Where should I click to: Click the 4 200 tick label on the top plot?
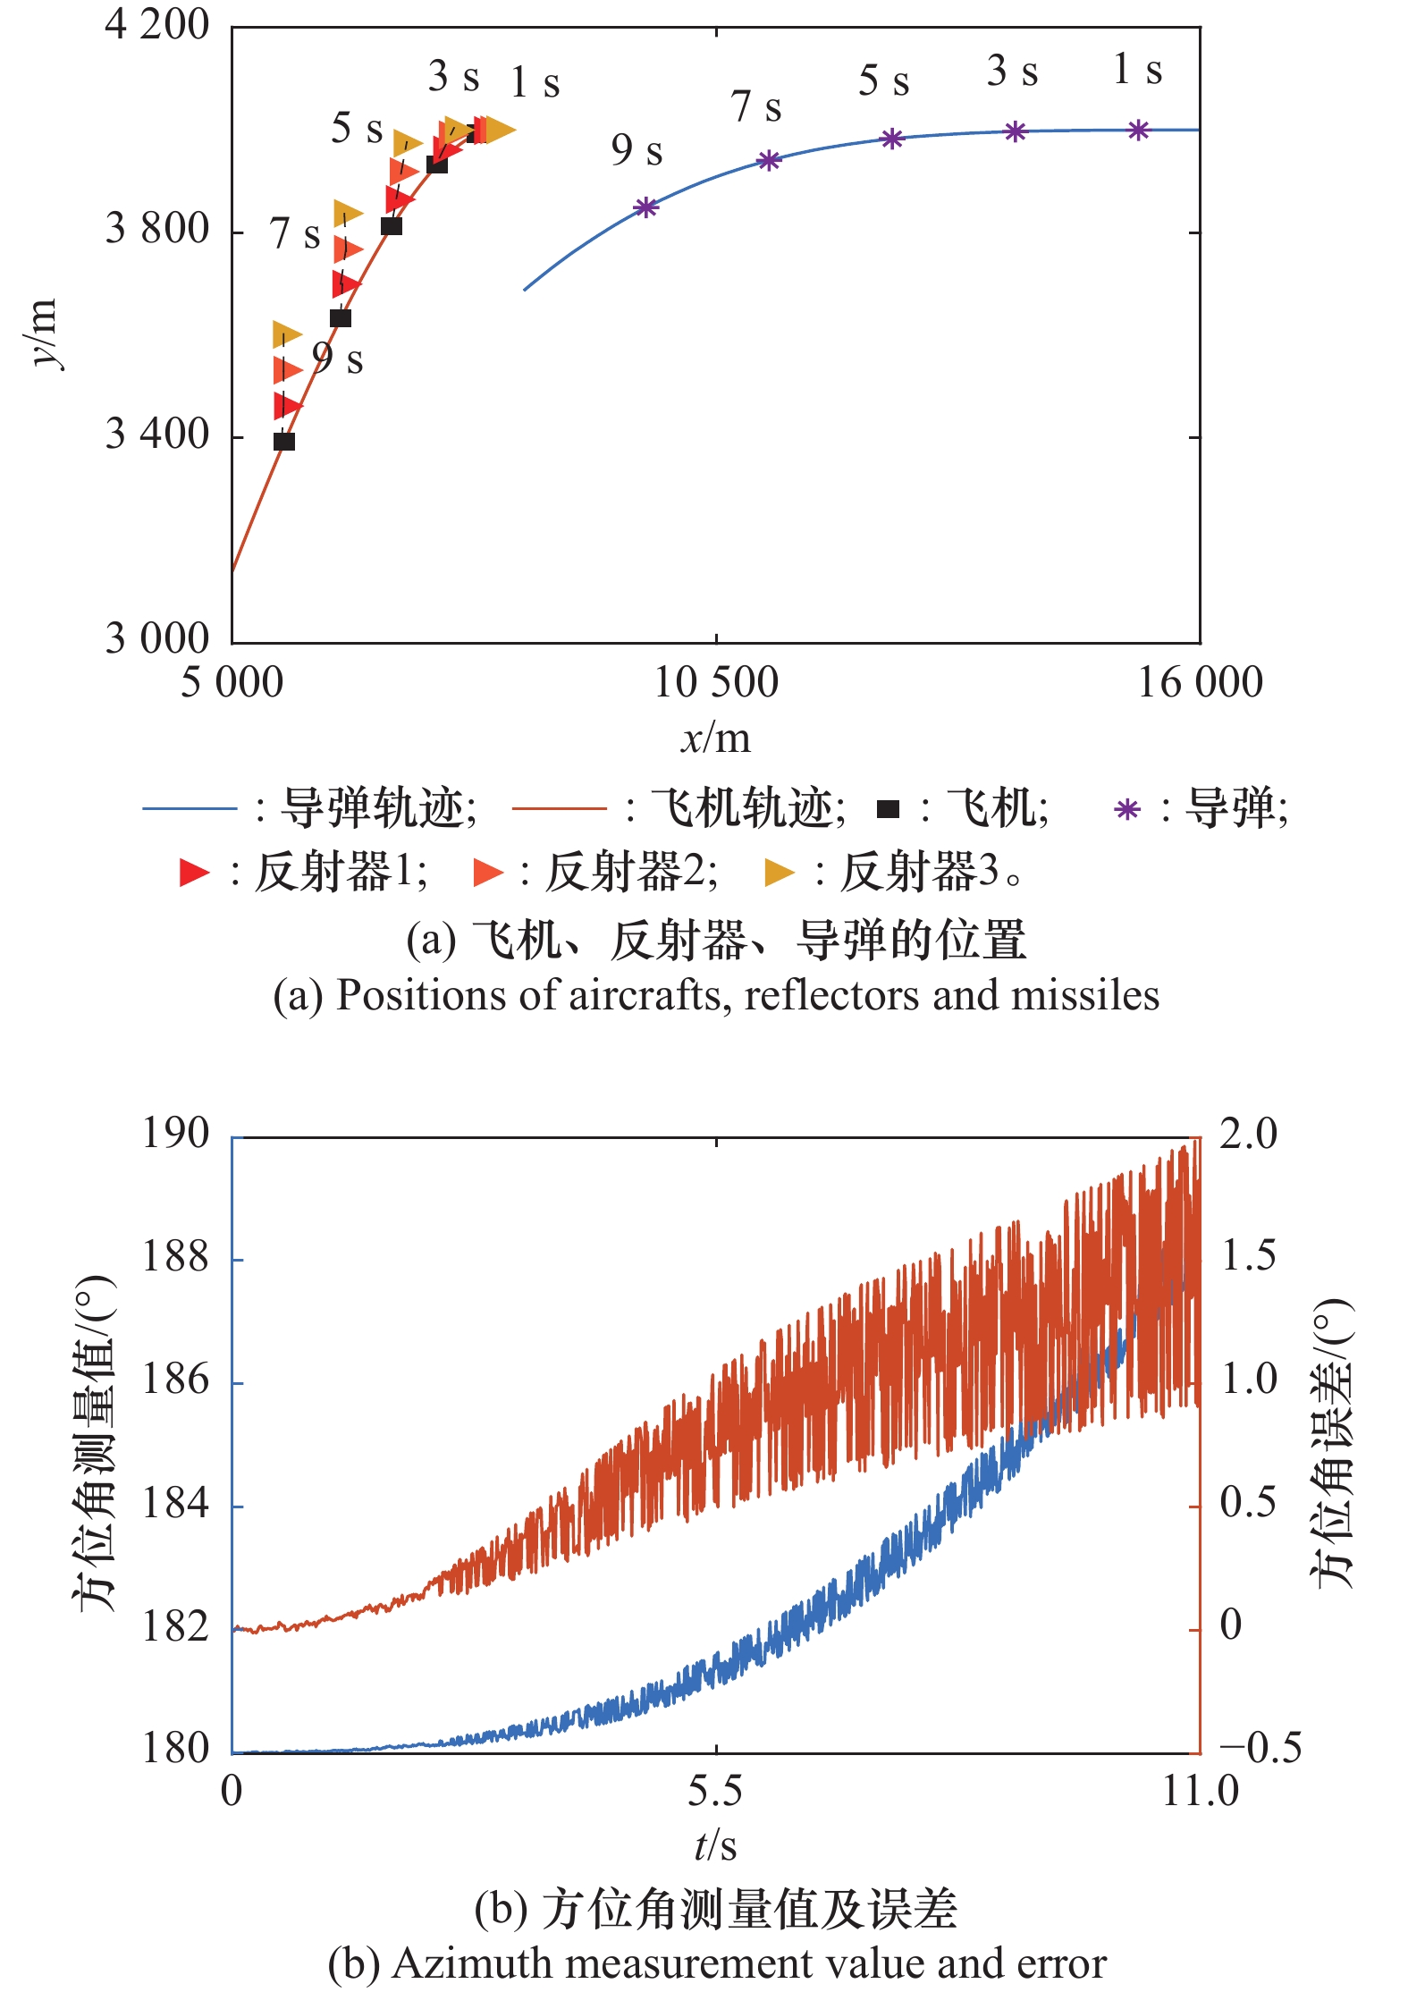click(156, 24)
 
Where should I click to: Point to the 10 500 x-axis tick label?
click(715, 683)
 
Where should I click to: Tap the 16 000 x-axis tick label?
click(1199, 683)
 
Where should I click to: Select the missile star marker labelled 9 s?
click(645, 208)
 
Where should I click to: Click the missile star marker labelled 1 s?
click(1137, 131)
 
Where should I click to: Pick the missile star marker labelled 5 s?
click(892, 139)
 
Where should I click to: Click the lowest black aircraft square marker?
click(283, 442)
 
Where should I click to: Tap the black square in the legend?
click(888, 809)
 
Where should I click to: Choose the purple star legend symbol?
click(1127, 810)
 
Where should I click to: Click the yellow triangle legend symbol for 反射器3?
click(779, 873)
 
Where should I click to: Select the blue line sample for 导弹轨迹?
click(190, 809)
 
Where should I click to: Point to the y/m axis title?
click(43, 333)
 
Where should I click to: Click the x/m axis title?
click(715, 739)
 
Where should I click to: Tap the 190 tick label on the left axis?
click(175, 1134)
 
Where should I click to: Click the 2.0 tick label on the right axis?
click(1248, 1134)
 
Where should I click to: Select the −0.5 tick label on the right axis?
click(1260, 1748)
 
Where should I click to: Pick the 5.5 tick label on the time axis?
click(715, 1791)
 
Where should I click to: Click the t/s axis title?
click(715, 1846)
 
